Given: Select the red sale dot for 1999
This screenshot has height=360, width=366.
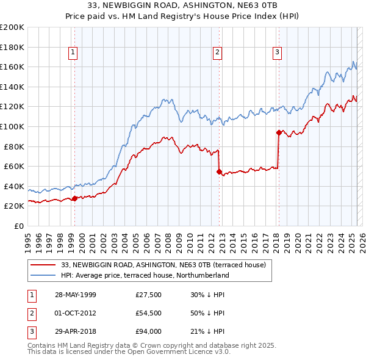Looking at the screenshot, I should (x=74, y=198).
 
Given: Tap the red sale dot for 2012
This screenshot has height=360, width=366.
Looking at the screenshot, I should (x=218, y=172).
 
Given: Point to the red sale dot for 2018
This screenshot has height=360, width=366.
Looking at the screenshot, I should (x=279, y=132).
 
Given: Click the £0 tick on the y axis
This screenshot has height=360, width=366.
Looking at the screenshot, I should (x=18, y=226).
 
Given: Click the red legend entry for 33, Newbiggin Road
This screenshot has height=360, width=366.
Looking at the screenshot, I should (x=163, y=265).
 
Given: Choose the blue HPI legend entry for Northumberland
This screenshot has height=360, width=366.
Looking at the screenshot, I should (x=145, y=275).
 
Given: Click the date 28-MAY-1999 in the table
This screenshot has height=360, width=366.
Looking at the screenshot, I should (x=76, y=294).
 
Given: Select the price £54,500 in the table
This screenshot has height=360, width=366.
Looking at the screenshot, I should (x=149, y=313).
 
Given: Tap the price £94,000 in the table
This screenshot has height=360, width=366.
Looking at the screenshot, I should (x=149, y=332).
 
